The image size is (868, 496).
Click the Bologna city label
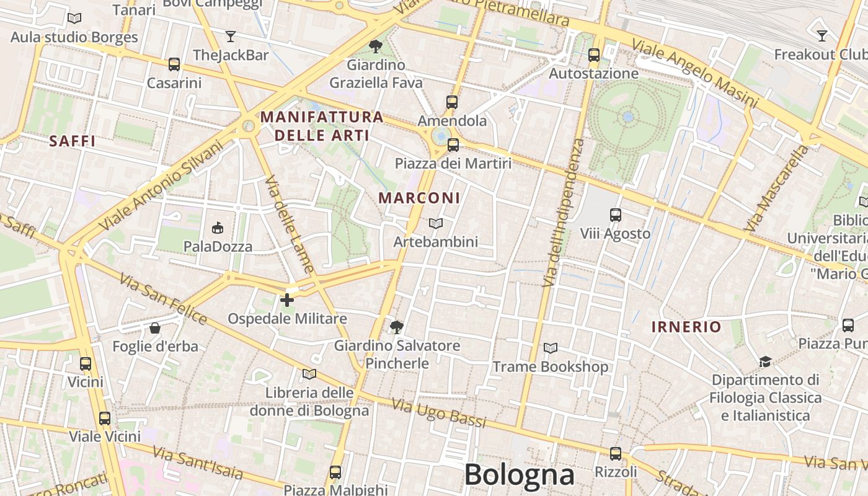[519, 475]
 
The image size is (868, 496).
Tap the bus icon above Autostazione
[594, 55]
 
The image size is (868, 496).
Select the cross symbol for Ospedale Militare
[287, 300]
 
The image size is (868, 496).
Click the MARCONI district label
[419, 198]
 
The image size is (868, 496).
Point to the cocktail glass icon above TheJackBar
[231, 37]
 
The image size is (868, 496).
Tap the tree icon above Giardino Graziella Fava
[375, 46]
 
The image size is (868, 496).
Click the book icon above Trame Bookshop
[550, 348]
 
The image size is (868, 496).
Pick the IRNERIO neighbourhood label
[686, 327]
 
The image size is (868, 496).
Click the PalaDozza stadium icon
[218, 228]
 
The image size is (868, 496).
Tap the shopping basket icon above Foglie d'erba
[155, 327]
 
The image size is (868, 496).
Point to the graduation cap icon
[765, 361]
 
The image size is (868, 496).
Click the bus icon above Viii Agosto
[615, 215]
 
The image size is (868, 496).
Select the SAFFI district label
[73, 141]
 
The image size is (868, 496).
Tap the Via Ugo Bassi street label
[439, 414]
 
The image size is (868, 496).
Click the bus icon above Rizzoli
[615, 454]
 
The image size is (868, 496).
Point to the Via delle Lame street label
[290, 224]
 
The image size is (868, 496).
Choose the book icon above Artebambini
[436, 223]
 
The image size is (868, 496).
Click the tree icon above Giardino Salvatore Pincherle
[397, 326]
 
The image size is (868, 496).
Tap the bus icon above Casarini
[174, 64]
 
